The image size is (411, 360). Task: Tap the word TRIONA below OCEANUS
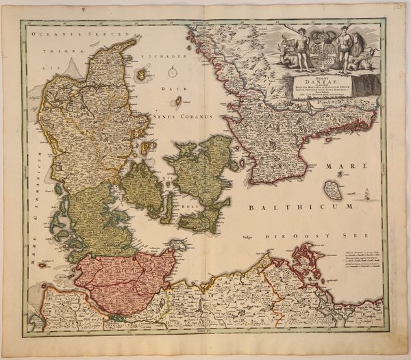tap(64, 51)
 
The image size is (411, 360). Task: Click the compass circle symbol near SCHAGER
tap(175, 70)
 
